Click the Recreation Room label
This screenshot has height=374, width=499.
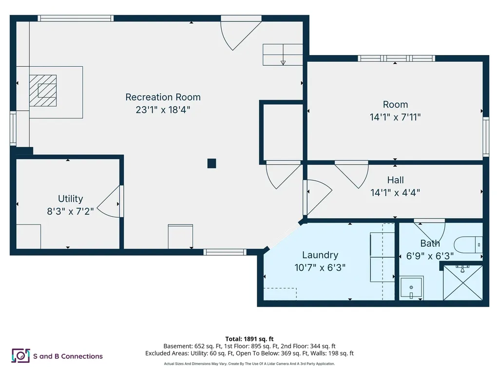[x=163, y=97]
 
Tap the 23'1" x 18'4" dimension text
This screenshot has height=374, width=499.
[x=163, y=110]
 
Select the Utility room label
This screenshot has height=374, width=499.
[x=70, y=199]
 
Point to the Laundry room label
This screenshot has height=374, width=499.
[x=320, y=255]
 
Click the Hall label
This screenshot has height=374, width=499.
[x=395, y=180]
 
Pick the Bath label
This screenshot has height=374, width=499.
[x=430, y=243]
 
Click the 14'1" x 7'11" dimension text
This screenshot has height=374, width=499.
[x=395, y=117]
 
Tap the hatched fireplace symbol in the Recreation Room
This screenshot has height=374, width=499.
[x=43, y=90]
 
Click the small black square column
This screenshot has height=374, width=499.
[x=211, y=163]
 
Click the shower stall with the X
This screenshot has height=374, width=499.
[x=462, y=282]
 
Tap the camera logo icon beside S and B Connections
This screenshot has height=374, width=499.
[x=20, y=356]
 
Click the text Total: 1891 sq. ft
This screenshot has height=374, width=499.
[x=249, y=339]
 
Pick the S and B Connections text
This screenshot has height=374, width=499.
[x=68, y=356]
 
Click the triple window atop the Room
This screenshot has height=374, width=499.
[x=396, y=58]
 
